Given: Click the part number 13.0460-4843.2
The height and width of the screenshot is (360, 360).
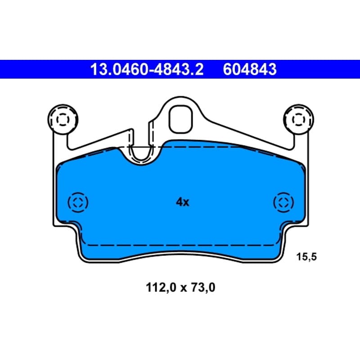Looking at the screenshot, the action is click(147, 69).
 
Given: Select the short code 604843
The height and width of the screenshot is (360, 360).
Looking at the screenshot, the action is click(250, 69).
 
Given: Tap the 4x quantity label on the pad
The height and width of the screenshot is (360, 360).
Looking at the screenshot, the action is click(183, 202).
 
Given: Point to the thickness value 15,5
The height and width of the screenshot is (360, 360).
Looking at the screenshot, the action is click(306, 256).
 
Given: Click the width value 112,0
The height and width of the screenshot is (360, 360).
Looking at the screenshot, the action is click(161, 288).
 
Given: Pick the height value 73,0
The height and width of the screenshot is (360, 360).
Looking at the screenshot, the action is click(203, 288).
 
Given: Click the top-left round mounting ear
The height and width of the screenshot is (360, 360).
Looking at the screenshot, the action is click(63, 119).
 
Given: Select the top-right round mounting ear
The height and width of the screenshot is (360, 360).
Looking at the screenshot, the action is click(298, 119).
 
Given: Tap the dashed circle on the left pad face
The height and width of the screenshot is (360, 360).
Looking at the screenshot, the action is click(78, 202).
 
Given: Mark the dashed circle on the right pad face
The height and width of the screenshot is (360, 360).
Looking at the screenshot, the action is click(283, 202).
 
